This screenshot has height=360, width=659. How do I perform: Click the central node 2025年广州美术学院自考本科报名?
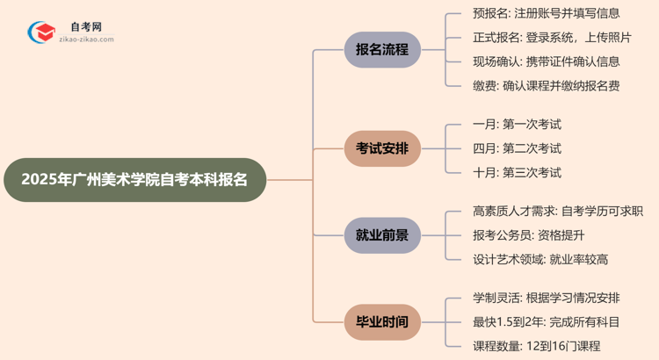click(x=134, y=180)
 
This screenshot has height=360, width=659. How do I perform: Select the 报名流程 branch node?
click(x=382, y=50)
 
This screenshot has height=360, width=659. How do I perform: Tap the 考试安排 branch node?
click(x=382, y=148)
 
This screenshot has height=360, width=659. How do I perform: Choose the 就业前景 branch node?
click(x=382, y=235)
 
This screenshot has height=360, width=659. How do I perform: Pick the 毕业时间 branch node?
click(x=382, y=321)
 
